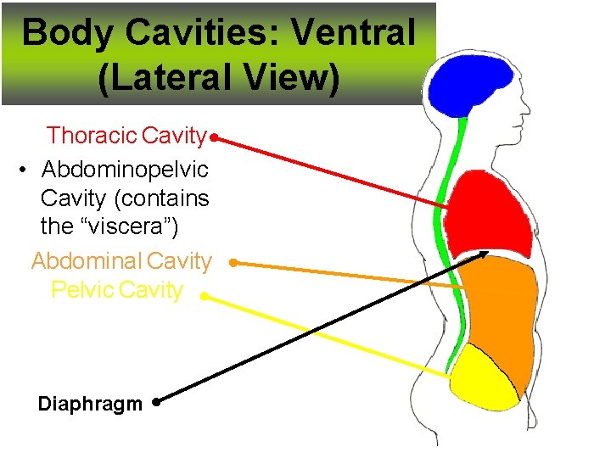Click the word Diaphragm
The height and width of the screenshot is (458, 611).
90,404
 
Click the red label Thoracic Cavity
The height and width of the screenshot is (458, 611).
126,136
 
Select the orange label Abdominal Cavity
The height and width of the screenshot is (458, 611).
121,262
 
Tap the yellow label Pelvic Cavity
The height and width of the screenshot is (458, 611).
117,290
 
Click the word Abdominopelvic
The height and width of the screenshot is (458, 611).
125,170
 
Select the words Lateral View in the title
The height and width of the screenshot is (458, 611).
219,79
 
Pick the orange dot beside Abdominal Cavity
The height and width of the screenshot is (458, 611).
233,264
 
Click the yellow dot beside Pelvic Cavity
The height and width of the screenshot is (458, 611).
205,296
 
